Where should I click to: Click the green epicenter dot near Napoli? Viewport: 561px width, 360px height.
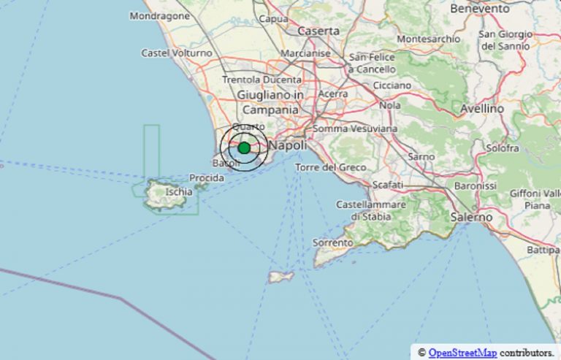[x=244, y=148]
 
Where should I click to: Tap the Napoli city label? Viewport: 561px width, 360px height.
[x=286, y=146]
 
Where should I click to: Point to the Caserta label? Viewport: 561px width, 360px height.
[x=318, y=31]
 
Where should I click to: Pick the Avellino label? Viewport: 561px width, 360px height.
[x=482, y=108]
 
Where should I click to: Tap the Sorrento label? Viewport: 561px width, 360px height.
[x=333, y=242]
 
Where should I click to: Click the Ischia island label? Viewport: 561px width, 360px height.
[x=179, y=192]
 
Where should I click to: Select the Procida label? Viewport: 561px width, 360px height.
[x=207, y=178]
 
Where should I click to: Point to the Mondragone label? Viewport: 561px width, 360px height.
[x=159, y=15]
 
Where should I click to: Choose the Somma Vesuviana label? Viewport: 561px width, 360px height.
[x=355, y=129]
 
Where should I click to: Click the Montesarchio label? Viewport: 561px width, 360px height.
[x=428, y=39]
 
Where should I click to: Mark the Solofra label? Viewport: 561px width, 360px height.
[x=503, y=148]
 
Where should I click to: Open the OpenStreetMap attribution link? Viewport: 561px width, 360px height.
[x=462, y=353]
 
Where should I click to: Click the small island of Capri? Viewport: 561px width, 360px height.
[x=281, y=277]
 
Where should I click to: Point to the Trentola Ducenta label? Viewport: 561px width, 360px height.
[x=261, y=79]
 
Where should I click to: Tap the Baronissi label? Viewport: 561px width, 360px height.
[x=475, y=186]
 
